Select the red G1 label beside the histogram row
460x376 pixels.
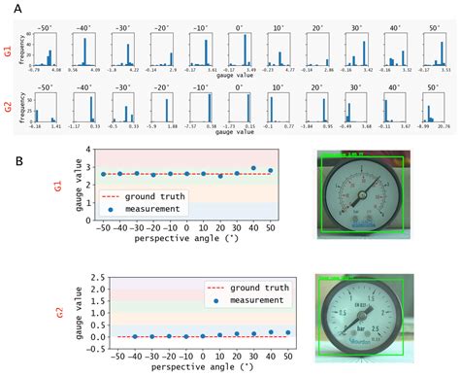(9, 45)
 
